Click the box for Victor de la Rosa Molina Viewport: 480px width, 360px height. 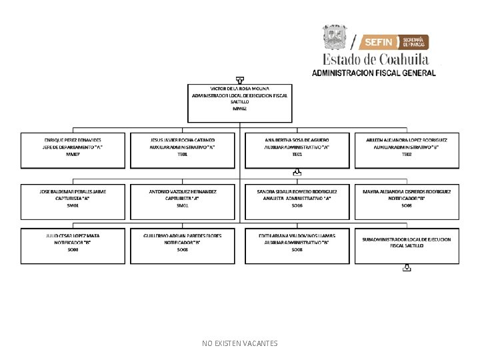[239, 103]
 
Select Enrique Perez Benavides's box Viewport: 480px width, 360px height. [73, 149]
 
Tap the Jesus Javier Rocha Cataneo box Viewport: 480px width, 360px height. [183, 149]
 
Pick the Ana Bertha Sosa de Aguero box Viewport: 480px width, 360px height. [297, 149]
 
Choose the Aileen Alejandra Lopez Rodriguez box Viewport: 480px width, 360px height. [407, 149]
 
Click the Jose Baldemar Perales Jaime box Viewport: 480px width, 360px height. [73, 201]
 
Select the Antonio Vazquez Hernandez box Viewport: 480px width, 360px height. [183, 201]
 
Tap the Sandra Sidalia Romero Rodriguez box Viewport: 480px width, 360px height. [297, 201]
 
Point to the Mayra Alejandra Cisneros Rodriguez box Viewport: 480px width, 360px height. [407, 201]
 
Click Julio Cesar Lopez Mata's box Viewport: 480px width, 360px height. [73, 246]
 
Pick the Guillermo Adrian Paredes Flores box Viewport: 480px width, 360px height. [183, 246]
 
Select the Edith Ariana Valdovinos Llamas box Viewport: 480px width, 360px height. [297, 246]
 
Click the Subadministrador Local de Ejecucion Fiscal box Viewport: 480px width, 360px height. [407, 246]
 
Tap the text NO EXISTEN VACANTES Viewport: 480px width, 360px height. [240, 343]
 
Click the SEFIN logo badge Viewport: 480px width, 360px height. [394, 42]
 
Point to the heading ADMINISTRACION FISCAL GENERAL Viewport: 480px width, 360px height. [374, 73]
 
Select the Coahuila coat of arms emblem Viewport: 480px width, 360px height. [335, 37]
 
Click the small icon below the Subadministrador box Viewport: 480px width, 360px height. [407, 269]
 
